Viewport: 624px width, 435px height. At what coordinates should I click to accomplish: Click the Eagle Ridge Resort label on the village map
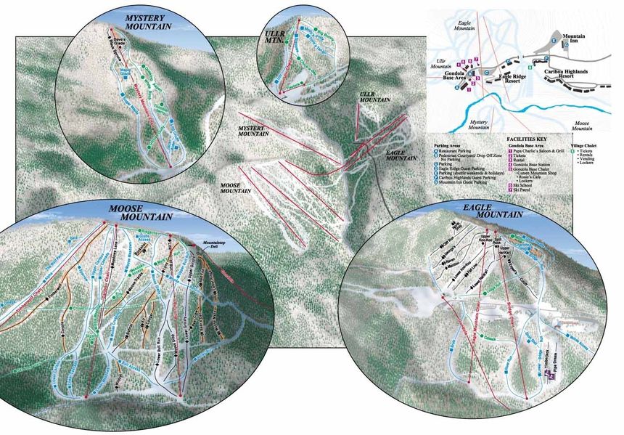pos(511,79)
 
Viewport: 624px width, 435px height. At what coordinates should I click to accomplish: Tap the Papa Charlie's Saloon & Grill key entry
pos(543,149)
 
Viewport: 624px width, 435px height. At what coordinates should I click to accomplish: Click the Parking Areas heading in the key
pos(448,145)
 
